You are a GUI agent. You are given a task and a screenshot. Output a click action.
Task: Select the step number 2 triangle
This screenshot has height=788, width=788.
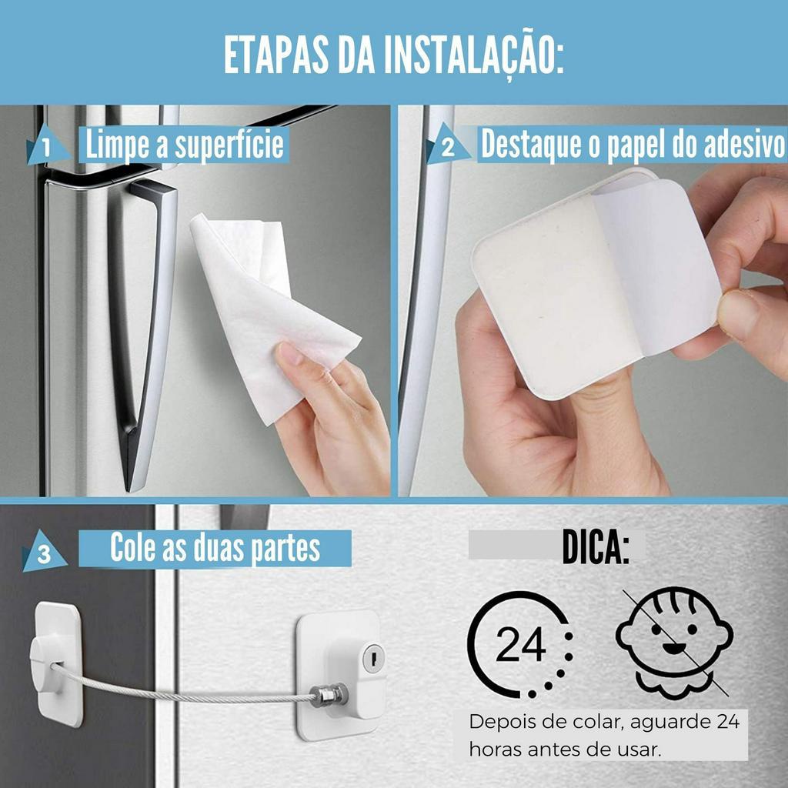(x=447, y=145)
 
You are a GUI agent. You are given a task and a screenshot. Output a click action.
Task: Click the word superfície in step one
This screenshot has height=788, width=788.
(x=229, y=145)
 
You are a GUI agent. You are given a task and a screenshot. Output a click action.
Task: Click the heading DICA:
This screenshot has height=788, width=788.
(x=596, y=546)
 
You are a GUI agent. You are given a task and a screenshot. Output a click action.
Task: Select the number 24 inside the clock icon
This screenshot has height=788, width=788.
(x=521, y=644)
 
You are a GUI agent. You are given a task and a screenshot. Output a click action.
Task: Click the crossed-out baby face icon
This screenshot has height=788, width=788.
(x=675, y=643)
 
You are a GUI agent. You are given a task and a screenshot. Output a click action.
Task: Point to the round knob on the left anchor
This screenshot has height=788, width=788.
(x=47, y=664)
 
